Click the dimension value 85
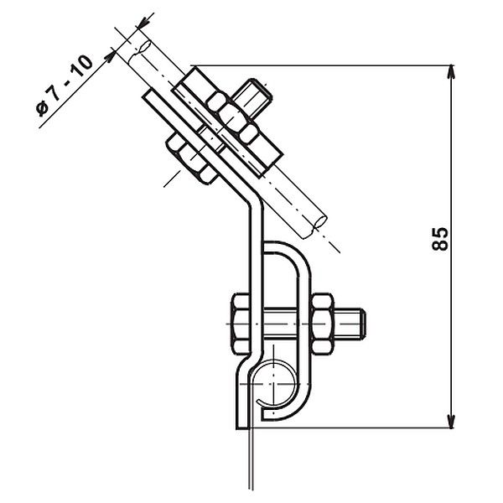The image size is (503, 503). point(439,239)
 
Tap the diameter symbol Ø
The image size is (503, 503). point(42,109)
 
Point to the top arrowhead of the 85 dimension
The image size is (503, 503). point(451,71)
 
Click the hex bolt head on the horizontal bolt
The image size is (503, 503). point(241,324)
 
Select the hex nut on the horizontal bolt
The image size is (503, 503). point(322,324)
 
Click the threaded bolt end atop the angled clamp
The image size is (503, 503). point(252,95)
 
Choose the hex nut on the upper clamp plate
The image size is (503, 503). point(231,117)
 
